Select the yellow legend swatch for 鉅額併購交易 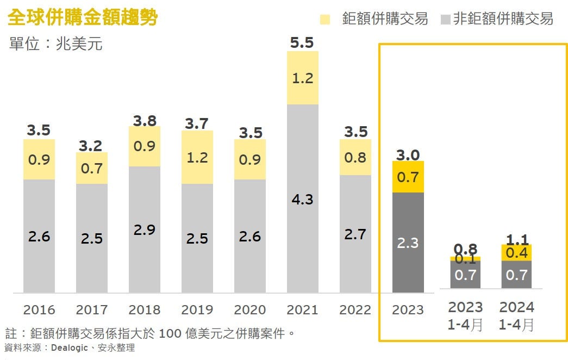(325, 20)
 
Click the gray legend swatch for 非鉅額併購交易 (445, 20)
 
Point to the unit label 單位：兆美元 (56, 44)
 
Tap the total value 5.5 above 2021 (302, 42)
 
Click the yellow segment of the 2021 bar (302, 78)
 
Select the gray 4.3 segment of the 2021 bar (302, 199)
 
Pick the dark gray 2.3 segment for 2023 (408, 243)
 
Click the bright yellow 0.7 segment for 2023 (408, 177)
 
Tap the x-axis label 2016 (39, 310)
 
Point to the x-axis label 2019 (197, 310)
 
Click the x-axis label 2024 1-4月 (516, 316)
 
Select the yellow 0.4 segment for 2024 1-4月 (516, 253)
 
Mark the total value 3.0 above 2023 (408, 155)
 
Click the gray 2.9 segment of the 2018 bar (145, 229)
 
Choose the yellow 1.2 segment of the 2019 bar (197, 157)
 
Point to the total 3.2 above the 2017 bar (91, 146)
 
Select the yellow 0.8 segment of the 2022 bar (355, 157)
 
